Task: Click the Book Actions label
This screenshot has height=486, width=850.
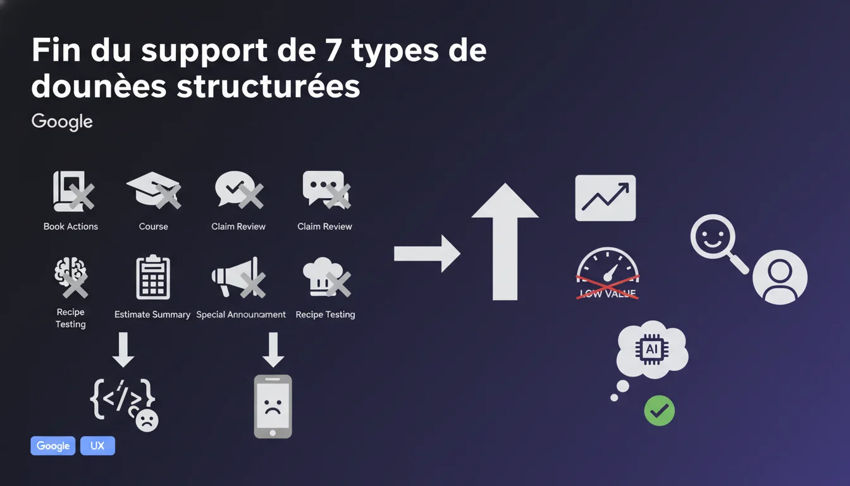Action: [71, 227]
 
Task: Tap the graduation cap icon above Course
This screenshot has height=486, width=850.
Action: [153, 189]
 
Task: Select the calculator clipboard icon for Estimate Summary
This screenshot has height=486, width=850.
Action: [153, 277]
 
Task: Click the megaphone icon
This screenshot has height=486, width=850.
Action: [238, 277]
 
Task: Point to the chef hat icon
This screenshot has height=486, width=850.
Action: [326, 277]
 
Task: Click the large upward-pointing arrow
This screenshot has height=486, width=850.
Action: [505, 242]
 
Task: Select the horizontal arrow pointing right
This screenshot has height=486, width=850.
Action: [428, 253]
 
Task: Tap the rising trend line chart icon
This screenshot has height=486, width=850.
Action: [605, 198]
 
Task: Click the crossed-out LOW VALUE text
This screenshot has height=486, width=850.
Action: [608, 294]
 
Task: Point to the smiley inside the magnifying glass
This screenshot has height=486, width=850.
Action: [713, 237]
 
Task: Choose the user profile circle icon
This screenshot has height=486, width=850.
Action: [780, 277]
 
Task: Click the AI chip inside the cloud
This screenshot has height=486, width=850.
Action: [652, 349]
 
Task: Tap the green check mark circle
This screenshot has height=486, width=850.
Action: [660, 411]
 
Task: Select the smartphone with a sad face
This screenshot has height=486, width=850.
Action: [273, 407]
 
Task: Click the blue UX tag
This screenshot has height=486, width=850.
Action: [97, 445]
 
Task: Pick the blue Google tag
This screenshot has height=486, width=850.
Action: [52, 445]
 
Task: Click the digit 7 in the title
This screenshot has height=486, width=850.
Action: [333, 50]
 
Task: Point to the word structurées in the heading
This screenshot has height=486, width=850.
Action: [268, 86]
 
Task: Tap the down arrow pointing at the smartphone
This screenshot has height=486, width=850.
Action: [273, 350]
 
